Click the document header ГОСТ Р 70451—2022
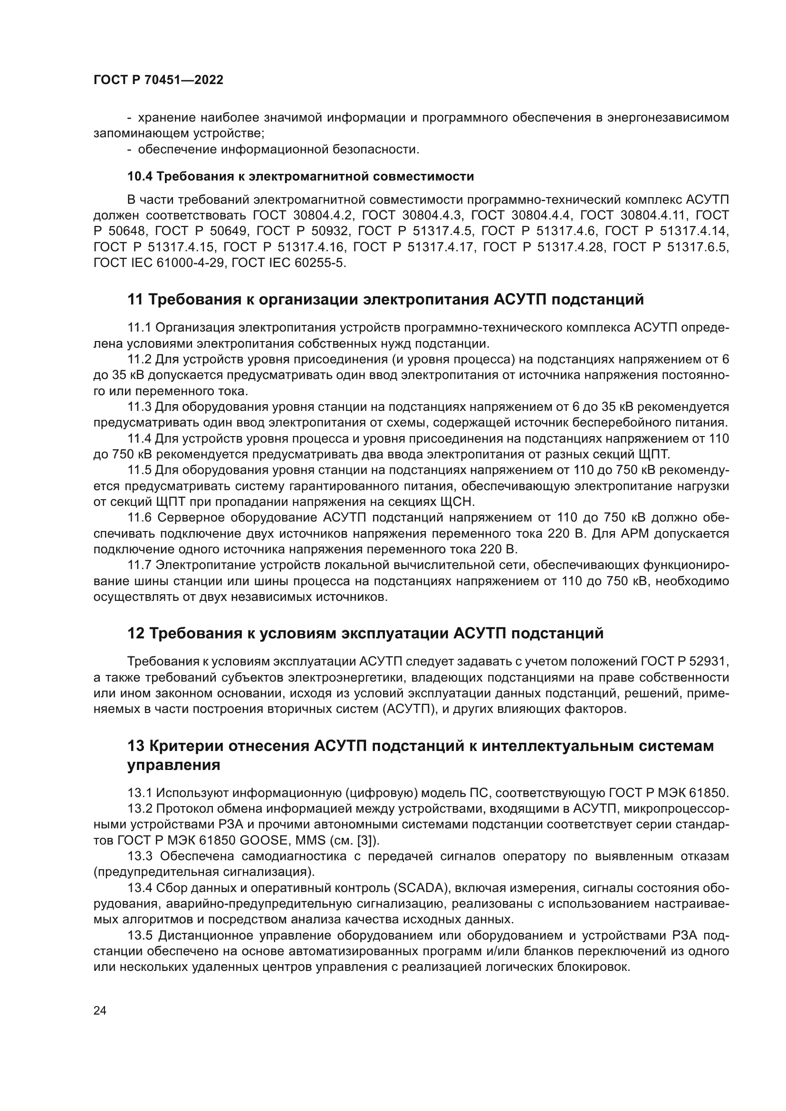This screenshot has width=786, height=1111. click(158, 80)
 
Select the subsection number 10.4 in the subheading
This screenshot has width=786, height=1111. click(140, 177)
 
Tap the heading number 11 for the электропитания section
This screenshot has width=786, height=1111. click(135, 300)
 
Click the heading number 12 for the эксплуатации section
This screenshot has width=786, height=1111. click(136, 634)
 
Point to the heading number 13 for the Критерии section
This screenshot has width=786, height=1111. click(136, 746)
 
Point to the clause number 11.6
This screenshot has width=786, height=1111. click(140, 518)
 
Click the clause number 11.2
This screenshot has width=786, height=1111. click(140, 359)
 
